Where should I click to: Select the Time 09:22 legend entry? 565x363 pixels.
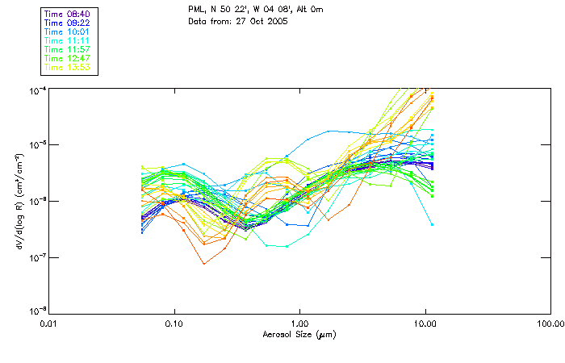[x=68, y=23]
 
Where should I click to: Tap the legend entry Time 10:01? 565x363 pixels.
[x=68, y=31]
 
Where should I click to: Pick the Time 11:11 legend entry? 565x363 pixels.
[x=68, y=40]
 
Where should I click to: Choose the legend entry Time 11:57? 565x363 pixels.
[x=68, y=49]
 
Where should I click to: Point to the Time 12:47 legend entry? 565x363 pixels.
[x=68, y=58]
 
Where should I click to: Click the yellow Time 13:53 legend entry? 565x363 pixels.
[x=68, y=67]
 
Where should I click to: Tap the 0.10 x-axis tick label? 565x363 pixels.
[x=174, y=323]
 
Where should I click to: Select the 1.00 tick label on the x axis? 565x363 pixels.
[x=299, y=323]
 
